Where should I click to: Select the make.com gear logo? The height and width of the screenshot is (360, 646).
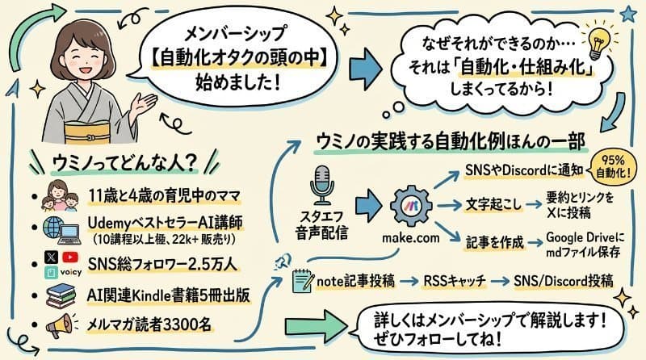click(x=414, y=203)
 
